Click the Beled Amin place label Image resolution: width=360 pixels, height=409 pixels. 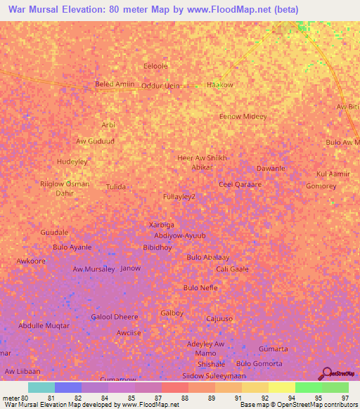click(114, 84)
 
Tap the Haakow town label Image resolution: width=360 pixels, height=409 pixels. click(219, 85)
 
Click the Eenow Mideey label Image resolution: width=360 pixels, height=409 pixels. click(243, 117)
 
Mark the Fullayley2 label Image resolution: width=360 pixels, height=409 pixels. click(179, 197)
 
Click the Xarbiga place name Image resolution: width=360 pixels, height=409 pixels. click(162, 225)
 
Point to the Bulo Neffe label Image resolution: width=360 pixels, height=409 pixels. click(200, 288)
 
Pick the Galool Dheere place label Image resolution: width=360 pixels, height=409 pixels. click(115, 317)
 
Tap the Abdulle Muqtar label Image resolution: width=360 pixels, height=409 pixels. click(44, 326)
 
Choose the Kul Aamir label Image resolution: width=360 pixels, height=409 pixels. click(333, 174)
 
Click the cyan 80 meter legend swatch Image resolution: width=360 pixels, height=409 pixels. click(41, 387)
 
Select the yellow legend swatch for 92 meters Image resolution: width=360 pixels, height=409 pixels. click(255, 387)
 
